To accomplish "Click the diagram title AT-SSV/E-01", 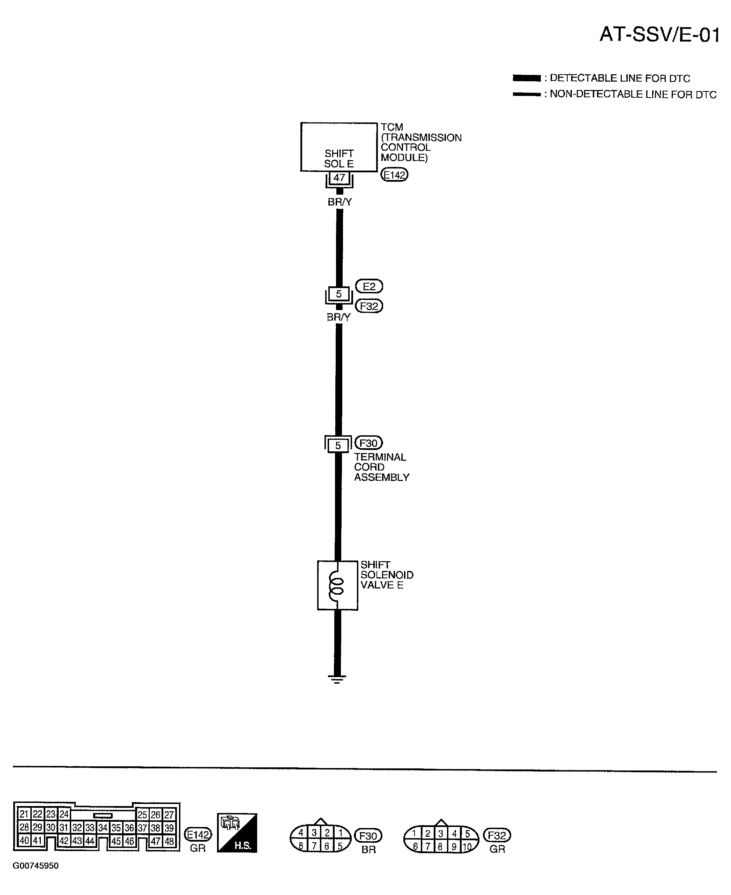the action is pos(659,35).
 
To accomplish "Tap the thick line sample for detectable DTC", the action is pos(526,78).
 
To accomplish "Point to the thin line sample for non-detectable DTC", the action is pos(526,94).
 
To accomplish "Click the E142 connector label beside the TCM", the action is pos(394,175).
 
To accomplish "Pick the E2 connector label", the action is pos(369,286).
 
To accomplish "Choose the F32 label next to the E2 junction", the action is pos(369,306).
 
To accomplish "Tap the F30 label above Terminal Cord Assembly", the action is pos(368,443).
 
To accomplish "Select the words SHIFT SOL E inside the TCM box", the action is pos(338,159).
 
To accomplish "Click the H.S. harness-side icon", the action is pos(237,833).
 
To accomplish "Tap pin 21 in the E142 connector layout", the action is pos(24,814).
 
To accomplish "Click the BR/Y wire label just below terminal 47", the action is pos(340,202).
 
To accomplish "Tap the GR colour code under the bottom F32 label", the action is pos(497,849).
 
